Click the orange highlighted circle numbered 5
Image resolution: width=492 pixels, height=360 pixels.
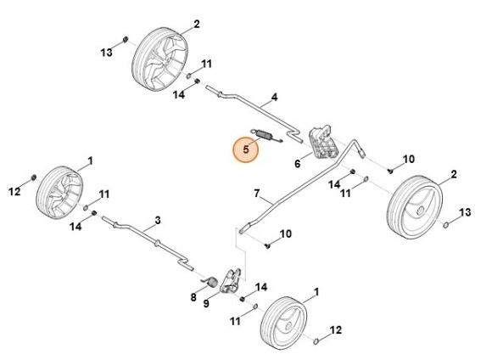245,149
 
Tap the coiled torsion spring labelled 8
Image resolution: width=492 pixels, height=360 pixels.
211,282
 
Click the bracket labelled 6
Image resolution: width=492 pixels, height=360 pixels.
323,142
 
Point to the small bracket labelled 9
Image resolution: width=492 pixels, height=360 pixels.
231,280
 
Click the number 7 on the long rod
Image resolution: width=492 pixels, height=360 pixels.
257,194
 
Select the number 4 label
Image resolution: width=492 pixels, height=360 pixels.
274,97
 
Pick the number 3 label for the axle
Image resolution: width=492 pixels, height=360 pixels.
158,220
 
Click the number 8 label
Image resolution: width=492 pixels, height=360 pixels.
193,297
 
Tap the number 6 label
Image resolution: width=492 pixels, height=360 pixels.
297,164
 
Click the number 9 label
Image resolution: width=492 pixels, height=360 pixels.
206,304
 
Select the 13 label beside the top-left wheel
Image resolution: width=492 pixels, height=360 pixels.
106,53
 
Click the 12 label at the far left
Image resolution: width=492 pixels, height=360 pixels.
14,191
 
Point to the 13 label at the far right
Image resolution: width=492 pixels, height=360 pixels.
465,212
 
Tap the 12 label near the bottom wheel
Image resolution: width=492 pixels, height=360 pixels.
335,329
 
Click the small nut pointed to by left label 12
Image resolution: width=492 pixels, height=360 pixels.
33,177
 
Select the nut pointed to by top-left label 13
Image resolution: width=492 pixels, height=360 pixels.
126,40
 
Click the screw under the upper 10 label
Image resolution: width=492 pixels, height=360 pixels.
390,172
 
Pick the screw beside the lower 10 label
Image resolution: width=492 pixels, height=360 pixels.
267,246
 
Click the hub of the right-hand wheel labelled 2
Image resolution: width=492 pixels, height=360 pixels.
421,210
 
